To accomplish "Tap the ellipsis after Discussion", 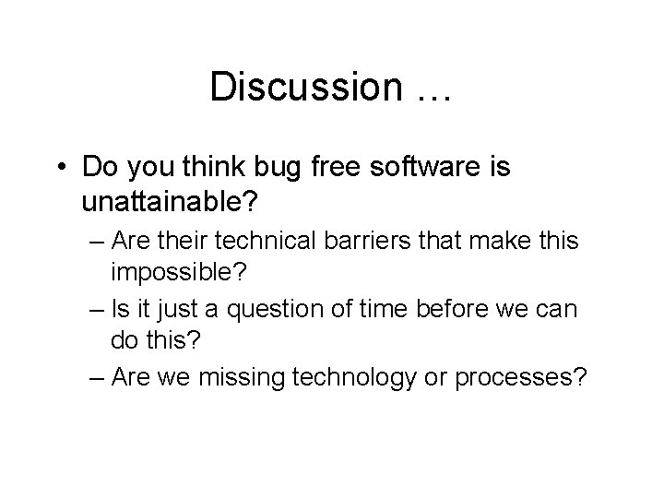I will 429,93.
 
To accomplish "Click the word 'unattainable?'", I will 174,199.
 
